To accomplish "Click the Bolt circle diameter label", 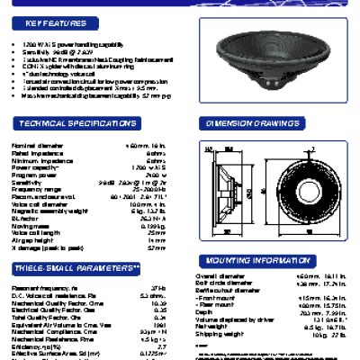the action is click(219, 283).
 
